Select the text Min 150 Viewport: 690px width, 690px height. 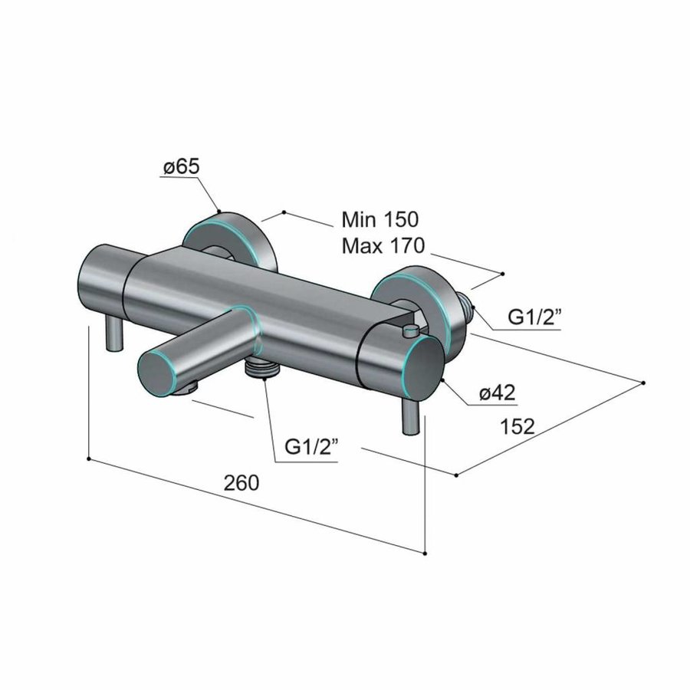click(380, 219)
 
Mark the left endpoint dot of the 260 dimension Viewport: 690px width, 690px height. click(90, 459)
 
